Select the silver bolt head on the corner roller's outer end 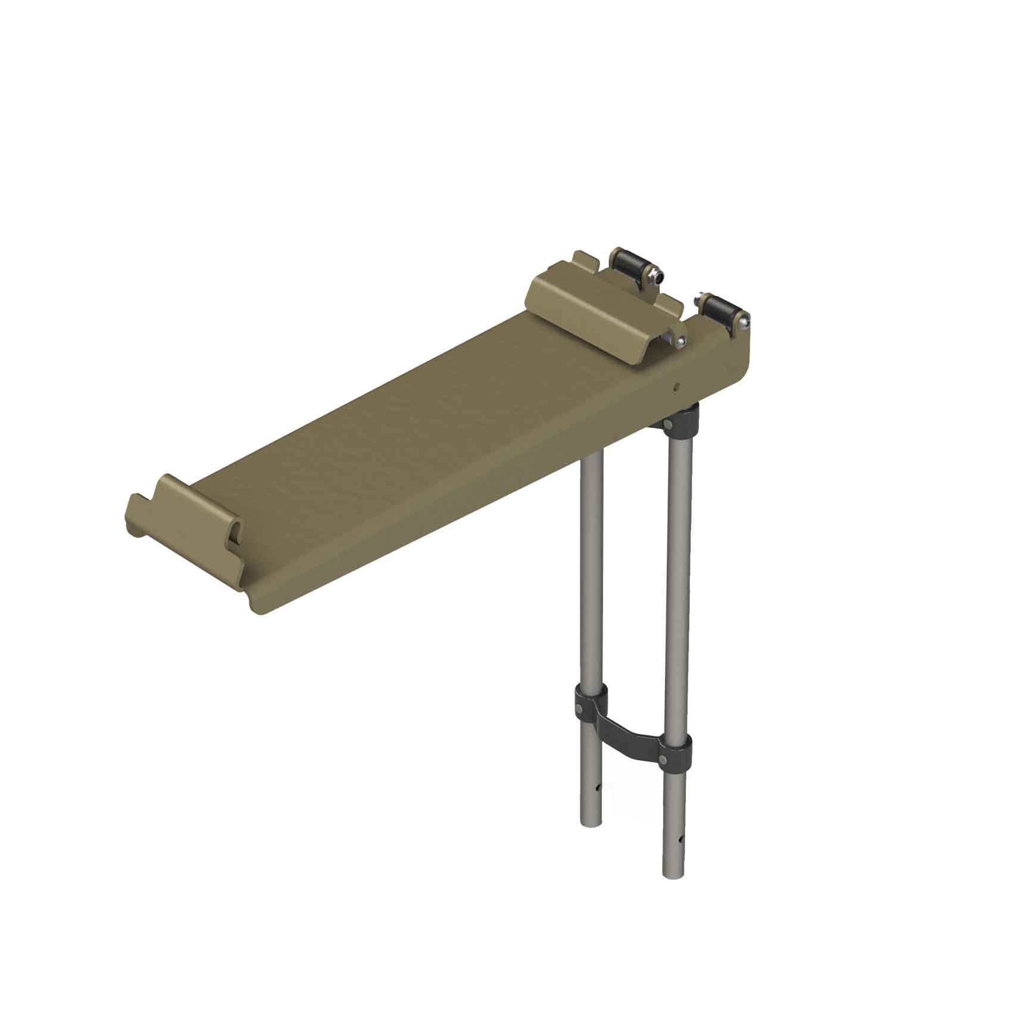[745, 321]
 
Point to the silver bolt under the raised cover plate [680, 340]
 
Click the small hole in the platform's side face [676, 386]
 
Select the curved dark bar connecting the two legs [631, 731]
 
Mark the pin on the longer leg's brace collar [664, 759]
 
